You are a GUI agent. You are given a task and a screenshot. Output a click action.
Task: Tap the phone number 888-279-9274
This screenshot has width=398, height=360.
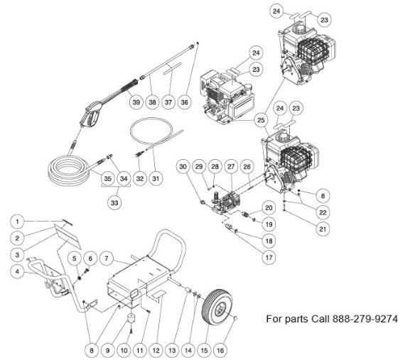[x=363, y=319]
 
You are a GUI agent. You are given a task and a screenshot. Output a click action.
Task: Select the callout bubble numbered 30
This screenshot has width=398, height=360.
[x=183, y=167]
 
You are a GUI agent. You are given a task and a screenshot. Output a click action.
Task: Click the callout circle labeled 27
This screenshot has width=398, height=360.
[x=231, y=167]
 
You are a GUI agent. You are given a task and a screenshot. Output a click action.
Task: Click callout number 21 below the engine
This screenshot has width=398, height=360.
[x=323, y=229]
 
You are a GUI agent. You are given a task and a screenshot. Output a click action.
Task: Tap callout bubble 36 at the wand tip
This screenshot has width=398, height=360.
[x=185, y=103]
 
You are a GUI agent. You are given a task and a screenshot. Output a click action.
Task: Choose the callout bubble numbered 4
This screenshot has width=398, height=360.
[x=19, y=270]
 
